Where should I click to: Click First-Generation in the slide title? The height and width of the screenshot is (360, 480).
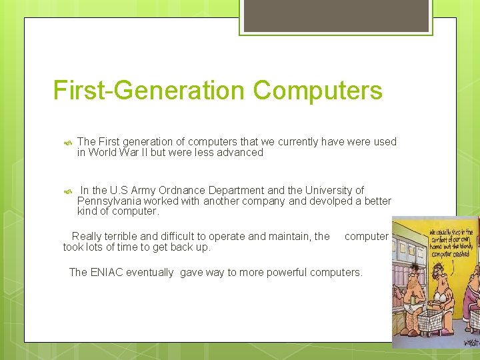click(x=149, y=91)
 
